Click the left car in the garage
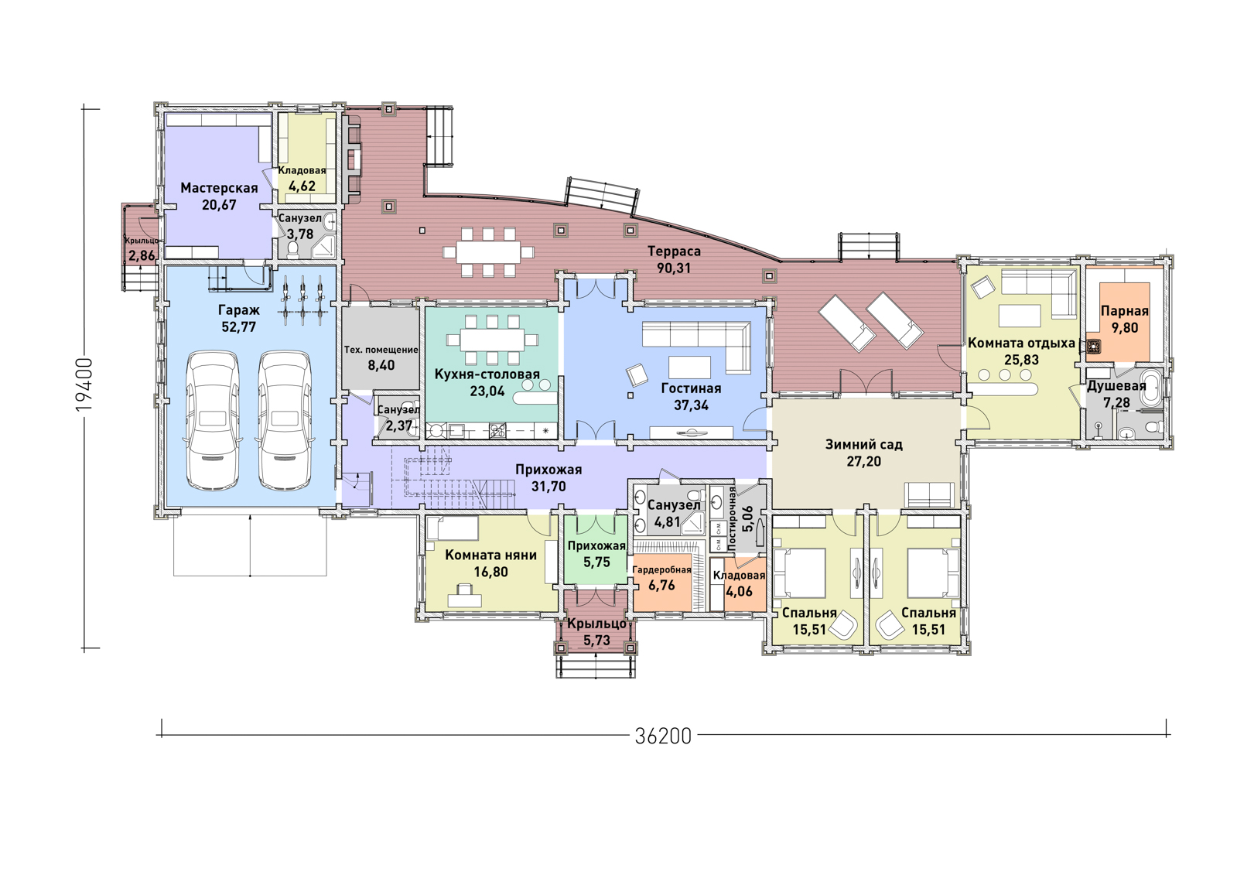point(214,420)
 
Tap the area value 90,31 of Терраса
point(674,268)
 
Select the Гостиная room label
point(691,388)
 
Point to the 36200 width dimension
point(663,737)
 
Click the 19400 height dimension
point(84,385)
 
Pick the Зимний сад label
point(863,445)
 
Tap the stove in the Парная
point(1093,347)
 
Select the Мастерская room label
point(219,188)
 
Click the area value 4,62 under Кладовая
point(302,186)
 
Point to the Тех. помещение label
point(381,350)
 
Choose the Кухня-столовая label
point(487,374)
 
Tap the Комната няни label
point(491,555)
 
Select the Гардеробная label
point(662,569)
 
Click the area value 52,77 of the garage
point(238,327)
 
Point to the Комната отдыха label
point(1022,343)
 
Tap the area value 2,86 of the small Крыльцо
point(142,255)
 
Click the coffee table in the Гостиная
point(690,367)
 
